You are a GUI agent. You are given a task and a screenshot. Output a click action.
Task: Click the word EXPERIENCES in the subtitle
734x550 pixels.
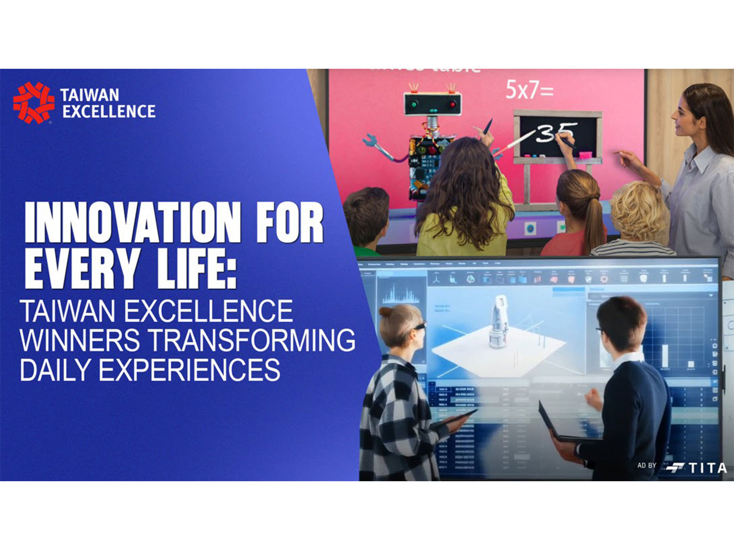(189, 369)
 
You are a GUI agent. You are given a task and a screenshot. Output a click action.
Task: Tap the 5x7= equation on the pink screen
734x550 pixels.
(529, 90)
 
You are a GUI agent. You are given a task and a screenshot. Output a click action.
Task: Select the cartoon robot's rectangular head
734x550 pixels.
(432, 104)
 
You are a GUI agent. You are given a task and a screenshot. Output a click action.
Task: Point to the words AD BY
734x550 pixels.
(647, 466)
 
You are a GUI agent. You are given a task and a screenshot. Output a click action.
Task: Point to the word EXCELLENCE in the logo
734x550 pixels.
(109, 111)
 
